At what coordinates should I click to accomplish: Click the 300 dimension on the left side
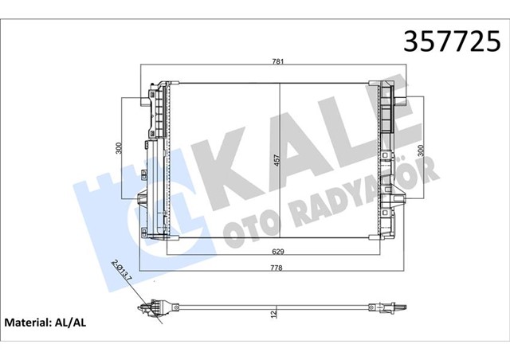[117, 147]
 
